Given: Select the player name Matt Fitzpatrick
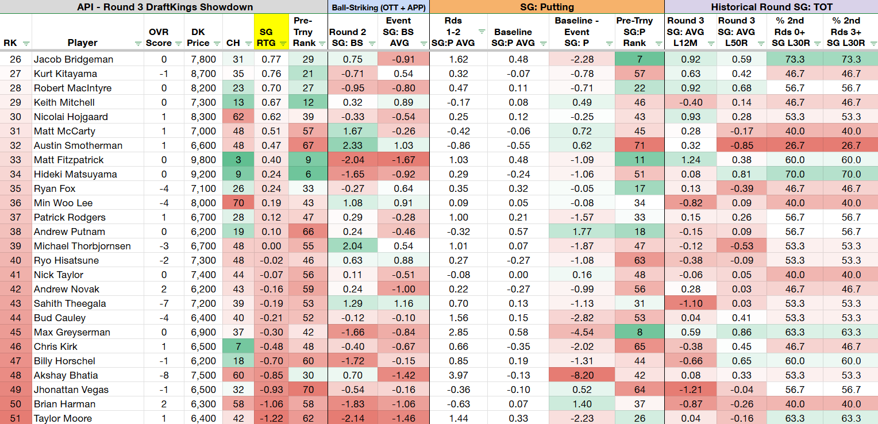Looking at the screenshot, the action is (68, 160).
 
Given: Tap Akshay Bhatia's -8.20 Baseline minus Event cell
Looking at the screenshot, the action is (582, 375).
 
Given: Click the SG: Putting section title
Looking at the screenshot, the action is (547, 7).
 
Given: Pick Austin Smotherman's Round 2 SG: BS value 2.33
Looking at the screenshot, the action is (352, 145).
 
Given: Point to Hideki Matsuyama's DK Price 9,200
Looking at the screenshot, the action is (203, 175).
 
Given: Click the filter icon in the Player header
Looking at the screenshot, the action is (137, 44).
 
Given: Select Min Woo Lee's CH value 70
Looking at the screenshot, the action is (238, 203).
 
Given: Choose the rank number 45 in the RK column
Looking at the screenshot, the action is (16, 332).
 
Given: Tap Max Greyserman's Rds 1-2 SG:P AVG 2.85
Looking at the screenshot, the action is (458, 332).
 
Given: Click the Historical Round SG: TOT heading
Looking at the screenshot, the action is (771, 7).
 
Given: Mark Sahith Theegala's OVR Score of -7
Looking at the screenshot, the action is (164, 304).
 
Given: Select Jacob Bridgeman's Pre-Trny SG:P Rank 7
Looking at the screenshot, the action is (640, 59).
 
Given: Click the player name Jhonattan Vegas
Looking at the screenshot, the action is (71, 390).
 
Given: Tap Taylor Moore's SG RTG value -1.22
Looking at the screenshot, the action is (271, 418).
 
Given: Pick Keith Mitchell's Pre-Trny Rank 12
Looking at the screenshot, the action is (308, 102).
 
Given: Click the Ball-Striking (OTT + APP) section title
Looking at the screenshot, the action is (379, 7).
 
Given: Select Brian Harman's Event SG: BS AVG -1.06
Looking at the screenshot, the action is (403, 404).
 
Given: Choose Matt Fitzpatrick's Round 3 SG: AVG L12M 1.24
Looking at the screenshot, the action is (690, 160).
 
